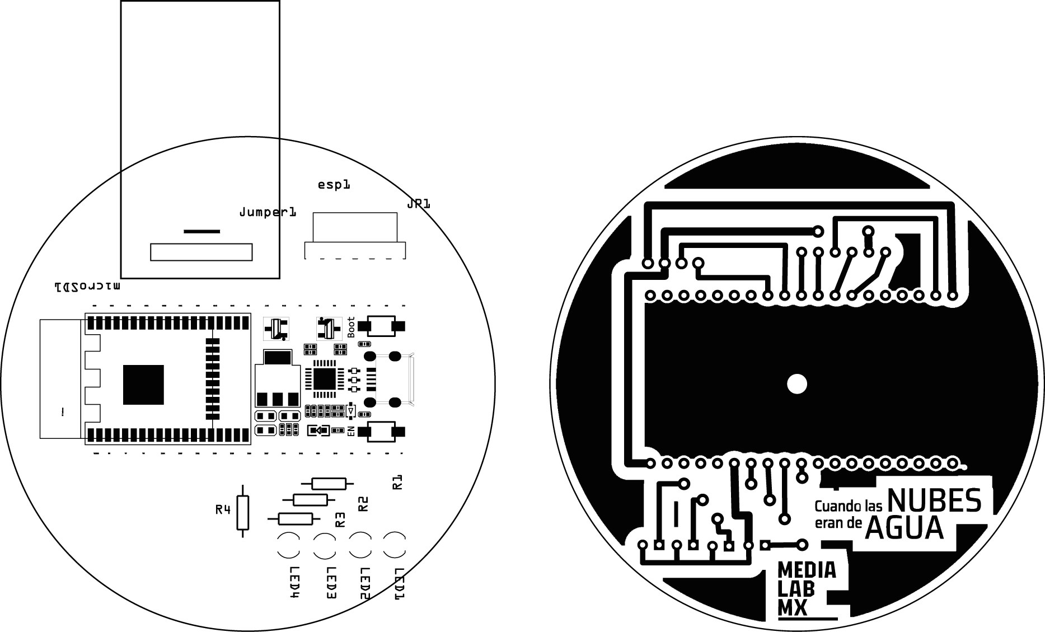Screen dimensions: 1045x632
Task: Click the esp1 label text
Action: click(334, 184)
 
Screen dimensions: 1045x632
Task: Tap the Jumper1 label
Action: click(268, 212)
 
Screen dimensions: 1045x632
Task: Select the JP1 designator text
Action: click(419, 204)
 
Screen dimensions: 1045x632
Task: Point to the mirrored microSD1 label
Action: click(87, 287)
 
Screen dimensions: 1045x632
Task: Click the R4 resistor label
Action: click(223, 509)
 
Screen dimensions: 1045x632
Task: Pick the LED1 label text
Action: click(399, 584)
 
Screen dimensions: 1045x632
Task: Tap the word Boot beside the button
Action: click(351, 327)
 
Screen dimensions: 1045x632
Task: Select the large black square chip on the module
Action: click(143, 385)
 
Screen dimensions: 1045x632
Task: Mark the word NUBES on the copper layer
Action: click(934, 501)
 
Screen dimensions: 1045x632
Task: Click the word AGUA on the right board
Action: click(904, 528)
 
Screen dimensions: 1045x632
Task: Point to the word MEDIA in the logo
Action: click(807, 570)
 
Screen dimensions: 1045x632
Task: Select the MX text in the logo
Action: click(793, 608)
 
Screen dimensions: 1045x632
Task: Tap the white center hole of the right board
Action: click(796, 384)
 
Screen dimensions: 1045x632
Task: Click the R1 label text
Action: click(397, 482)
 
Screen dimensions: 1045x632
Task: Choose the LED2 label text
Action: click(364, 584)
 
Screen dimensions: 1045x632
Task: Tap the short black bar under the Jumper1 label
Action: click(201, 231)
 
